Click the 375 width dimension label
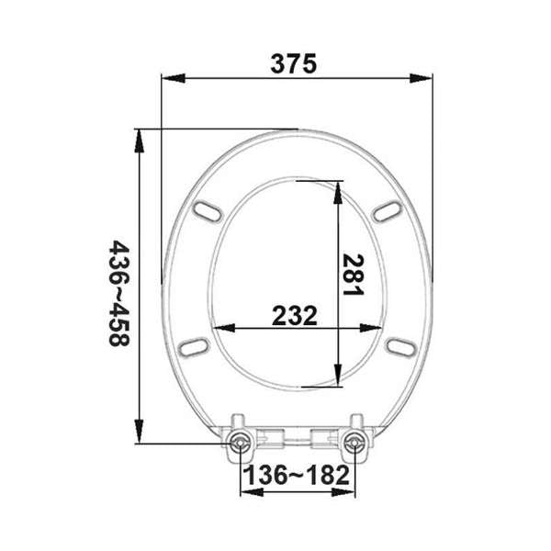coord(295,64)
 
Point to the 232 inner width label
coord(295,315)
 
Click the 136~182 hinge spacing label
coord(296,477)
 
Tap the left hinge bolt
coord(241,443)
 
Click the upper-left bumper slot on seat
coord(209,210)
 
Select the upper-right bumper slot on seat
coord(386,210)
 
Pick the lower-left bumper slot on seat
coord(194,346)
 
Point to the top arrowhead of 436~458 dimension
coord(138,137)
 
